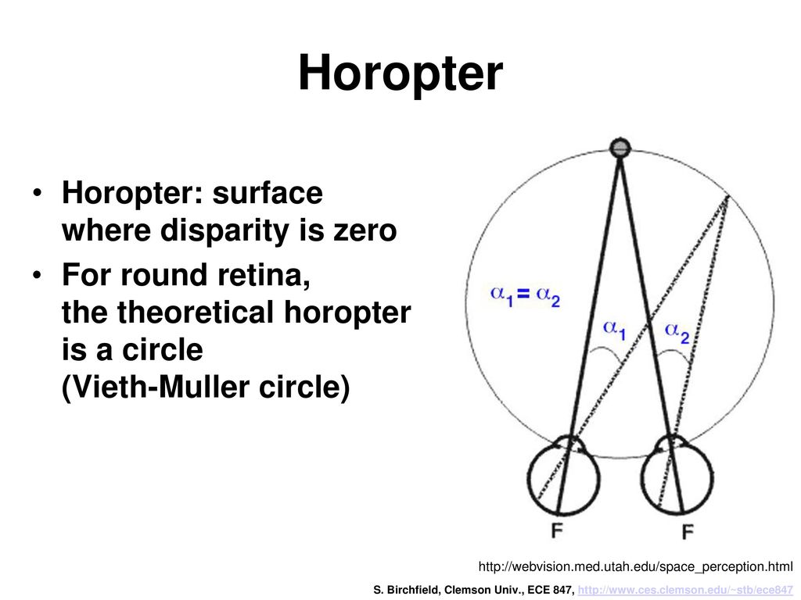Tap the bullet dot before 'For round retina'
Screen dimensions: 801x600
click(x=36, y=276)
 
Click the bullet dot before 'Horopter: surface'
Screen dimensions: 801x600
click(x=36, y=194)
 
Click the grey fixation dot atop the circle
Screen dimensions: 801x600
click(x=620, y=148)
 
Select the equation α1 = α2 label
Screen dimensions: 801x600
click(x=525, y=295)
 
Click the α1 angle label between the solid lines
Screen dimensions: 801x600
click(x=614, y=330)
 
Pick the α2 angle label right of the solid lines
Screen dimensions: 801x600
click(x=677, y=333)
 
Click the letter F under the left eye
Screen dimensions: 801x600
click(x=557, y=531)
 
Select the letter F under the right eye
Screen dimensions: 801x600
click(x=688, y=532)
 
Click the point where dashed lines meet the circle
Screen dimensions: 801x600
click(x=728, y=196)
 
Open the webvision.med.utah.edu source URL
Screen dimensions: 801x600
click(x=635, y=566)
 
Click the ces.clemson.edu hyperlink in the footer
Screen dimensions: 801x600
click(x=685, y=591)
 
